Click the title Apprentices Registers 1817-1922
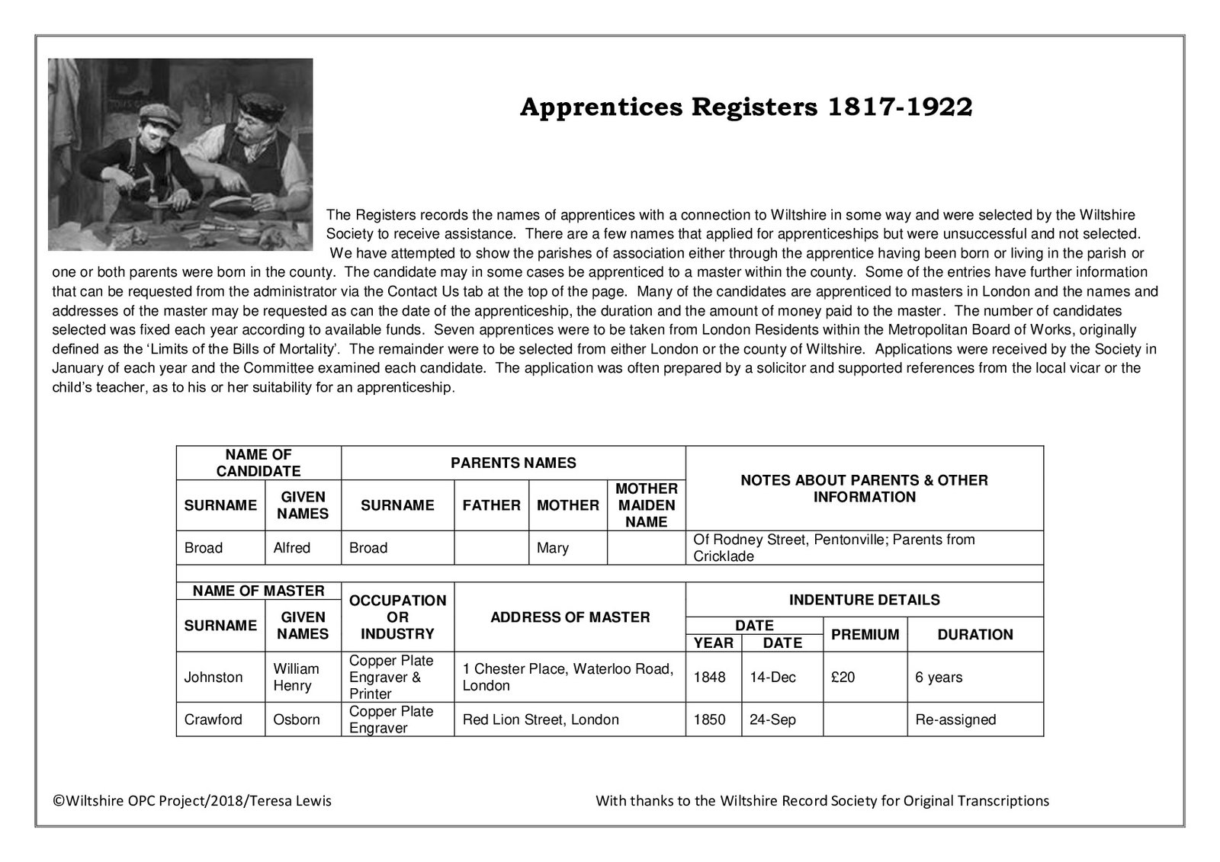pyautogui.click(x=746, y=107)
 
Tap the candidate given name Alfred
pyautogui.click(x=292, y=548)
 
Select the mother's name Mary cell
pyautogui.click(x=553, y=548)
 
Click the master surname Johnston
pyautogui.click(x=213, y=678)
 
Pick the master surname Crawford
pyautogui.click(x=213, y=719)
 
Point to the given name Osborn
pyautogui.click(x=297, y=719)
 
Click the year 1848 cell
pyautogui.click(x=709, y=678)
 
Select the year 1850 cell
pyautogui.click(x=709, y=719)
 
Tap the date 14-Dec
pyautogui.click(x=772, y=678)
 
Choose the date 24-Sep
pyautogui.click(x=772, y=719)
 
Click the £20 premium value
pyautogui.click(x=843, y=678)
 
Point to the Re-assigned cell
pyautogui.click(x=955, y=719)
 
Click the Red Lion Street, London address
pyautogui.click(x=541, y=719)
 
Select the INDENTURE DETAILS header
pyautogui.click(x=864, y=600)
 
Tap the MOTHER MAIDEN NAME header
pyautogui.click(x=646, y=505)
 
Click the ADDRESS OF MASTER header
pyautogui.click(x=570, y=617)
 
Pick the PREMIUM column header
pyautogui.click(x=865, y=635)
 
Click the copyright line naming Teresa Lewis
pyautogui.click(x=191, y=801)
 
